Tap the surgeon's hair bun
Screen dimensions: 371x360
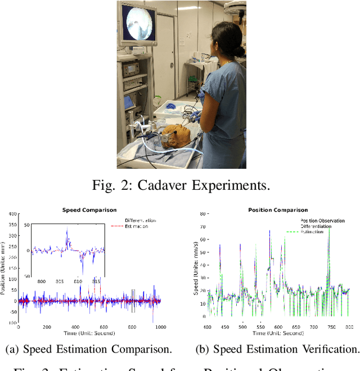pos(239,50)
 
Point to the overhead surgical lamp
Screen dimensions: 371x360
pos(236,7)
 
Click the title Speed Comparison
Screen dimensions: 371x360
pos(89,211)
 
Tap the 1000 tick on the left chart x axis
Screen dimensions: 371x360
pos(160,327)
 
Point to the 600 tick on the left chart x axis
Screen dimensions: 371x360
pos(103,327)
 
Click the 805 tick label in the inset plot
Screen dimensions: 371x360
pos(60,281)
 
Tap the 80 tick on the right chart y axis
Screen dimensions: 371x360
pos(202,214)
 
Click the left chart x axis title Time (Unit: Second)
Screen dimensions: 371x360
pos(89,334)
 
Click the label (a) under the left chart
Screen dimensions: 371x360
pos(12,350)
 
